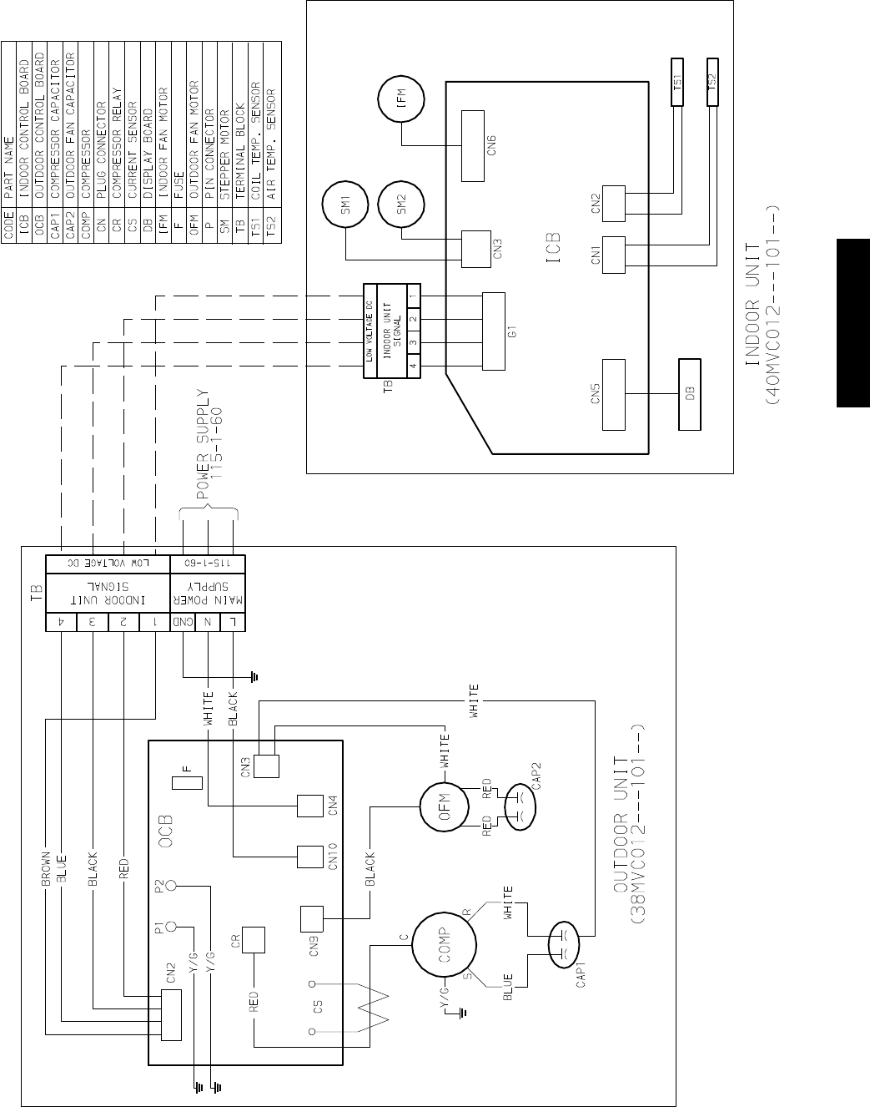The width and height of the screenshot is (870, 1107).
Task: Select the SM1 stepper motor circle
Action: [346, 202]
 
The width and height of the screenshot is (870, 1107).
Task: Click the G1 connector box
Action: [495, 331]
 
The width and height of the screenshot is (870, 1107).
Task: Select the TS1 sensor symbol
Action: [678, 82]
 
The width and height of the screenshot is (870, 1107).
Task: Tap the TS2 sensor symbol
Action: [712, 82]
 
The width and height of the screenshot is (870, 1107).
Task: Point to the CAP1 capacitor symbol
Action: [561, 944]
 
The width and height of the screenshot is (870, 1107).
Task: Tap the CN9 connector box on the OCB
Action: [311, 918]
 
